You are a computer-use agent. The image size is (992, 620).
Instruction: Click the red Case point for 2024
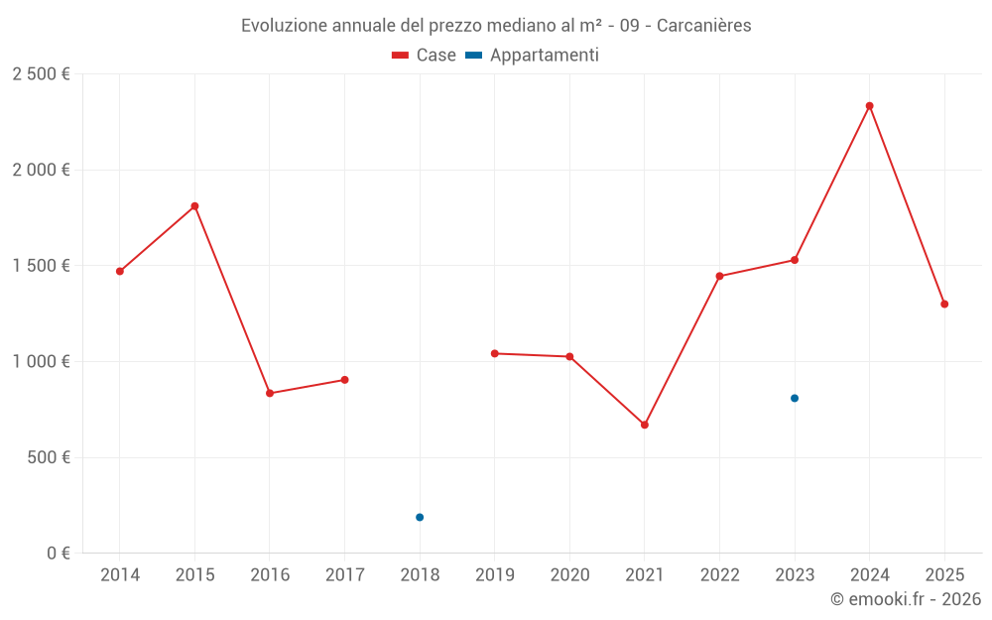[x=869, y=106]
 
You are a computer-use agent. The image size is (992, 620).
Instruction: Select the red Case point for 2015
[x=194, y=206]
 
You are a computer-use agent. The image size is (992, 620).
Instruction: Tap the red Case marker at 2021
[x=645, y=425]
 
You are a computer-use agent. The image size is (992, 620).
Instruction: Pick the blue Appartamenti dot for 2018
[x=420, y=517]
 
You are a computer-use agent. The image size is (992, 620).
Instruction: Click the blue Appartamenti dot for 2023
[x=795, y=398]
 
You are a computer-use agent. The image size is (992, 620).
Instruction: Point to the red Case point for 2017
[x=344, y=380]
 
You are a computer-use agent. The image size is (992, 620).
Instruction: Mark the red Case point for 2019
[x=494, y=353]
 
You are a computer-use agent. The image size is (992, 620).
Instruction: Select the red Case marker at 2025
[x=944, y=305]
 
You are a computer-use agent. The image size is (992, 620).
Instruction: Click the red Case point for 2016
[x=270, y=393]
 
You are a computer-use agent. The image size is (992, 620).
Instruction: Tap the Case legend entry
[x=425, y=56]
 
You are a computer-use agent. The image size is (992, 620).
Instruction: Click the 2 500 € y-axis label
[x=41, y=74]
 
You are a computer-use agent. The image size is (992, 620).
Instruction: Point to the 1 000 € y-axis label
[x=41, y=362]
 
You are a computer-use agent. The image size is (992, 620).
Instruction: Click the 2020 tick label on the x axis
[x=569, y=575]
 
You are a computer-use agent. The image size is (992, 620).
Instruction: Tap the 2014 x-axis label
[x=120, y=575]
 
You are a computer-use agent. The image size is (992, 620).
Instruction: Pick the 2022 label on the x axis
[x=719, y=575]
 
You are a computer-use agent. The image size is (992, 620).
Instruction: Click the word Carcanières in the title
[x=703, y=26]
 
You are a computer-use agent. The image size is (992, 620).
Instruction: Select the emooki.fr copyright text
[x=906, y=599]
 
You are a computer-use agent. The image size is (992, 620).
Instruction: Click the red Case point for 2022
[x=719, y=276]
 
